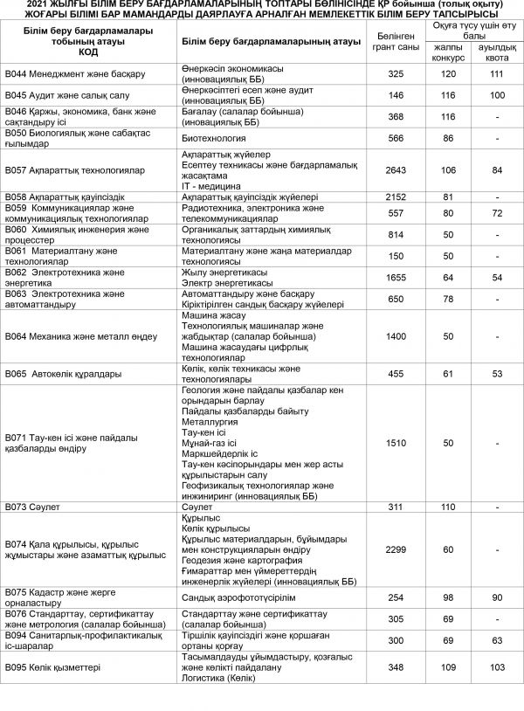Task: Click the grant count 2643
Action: [x=396, y=169]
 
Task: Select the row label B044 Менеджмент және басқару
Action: [x=75, y=73]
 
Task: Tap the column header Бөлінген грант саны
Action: [x=396, y=41]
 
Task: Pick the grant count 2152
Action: [x=396, y=197]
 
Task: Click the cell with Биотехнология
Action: [x=214, y=138]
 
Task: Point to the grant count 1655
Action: [x=396, y=277]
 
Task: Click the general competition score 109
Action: [x=449, y=667]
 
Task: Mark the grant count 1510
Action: [x=396, y=443]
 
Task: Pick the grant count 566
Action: [x=396, y=138]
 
